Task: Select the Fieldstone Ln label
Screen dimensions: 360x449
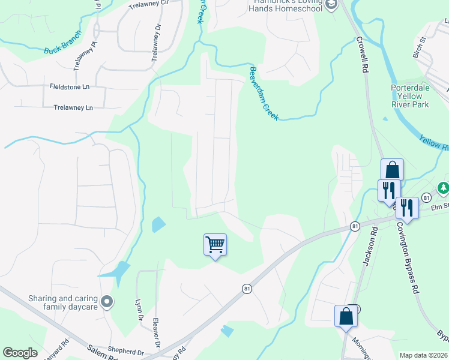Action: [x=70, y=87]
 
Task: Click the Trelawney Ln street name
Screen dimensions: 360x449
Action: [x=73, y=108]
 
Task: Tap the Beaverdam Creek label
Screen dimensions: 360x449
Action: [x=264, y=92]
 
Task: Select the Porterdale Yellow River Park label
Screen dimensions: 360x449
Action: [x=410, y=96]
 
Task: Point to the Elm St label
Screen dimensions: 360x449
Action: [x=440, y=206]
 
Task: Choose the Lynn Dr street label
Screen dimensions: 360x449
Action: [x=139, y=311]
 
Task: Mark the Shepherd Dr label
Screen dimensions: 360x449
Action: [x=125, y=352]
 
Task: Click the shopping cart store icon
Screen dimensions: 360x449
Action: [x=215, y=245]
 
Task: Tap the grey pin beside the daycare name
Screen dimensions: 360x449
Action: [x=107, y=302]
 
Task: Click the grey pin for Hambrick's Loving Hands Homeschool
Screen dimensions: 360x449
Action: [x=331, y=5]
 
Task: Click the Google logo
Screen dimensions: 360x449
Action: [x=20, y=353]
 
